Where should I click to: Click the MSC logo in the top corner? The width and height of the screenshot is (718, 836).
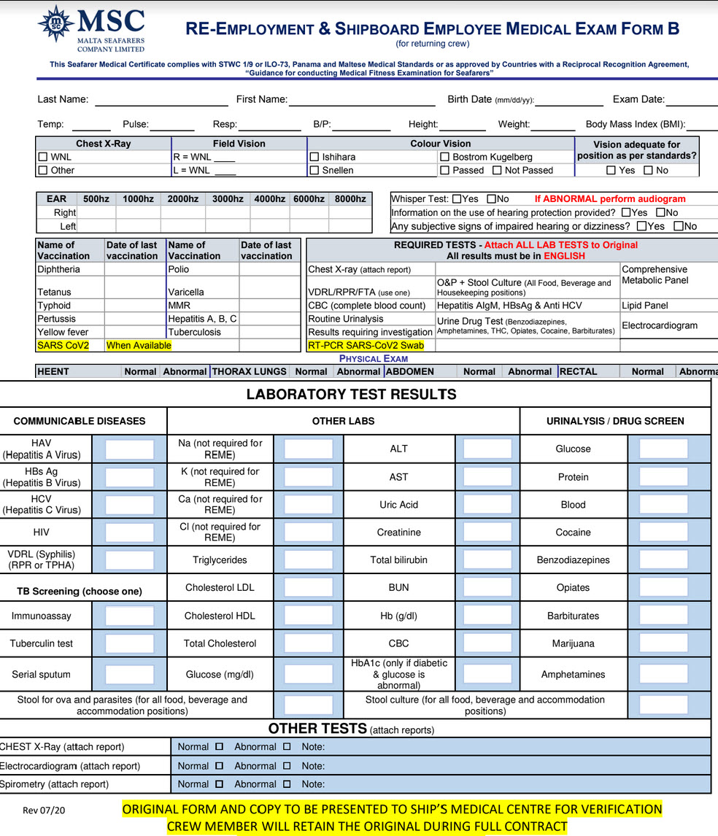click(90, 28)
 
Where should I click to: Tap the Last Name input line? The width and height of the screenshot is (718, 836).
click(161, 100)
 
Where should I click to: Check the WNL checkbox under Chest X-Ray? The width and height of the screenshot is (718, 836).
click(43, 157)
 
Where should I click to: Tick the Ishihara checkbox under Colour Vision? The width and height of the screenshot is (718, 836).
click(315, 157)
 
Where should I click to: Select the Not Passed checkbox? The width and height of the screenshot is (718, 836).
click(497, 171)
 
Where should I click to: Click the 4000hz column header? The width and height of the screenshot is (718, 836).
click(270, 199)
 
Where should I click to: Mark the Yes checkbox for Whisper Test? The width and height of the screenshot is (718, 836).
click(457, 199)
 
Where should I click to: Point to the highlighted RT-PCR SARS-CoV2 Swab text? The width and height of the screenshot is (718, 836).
click(366, 345)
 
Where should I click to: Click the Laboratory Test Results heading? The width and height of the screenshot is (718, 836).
click(351, 395)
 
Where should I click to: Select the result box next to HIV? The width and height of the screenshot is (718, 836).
click(129, 533)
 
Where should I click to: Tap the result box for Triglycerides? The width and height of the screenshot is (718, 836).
click(308, 560)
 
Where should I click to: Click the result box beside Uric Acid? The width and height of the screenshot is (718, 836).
click(487, 505)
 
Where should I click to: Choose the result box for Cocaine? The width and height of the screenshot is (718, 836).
click(663, 533)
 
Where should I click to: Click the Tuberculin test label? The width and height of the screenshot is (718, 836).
click(42, 643)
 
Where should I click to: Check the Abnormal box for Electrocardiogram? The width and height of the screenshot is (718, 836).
click(287, 766)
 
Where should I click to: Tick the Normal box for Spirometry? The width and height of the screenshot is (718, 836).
click(219, 784)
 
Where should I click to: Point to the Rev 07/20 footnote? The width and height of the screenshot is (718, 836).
click(45, 810)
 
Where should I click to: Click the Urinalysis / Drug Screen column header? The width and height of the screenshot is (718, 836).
click(615, 421)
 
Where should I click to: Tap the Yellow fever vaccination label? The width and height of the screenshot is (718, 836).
click(63, 332)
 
